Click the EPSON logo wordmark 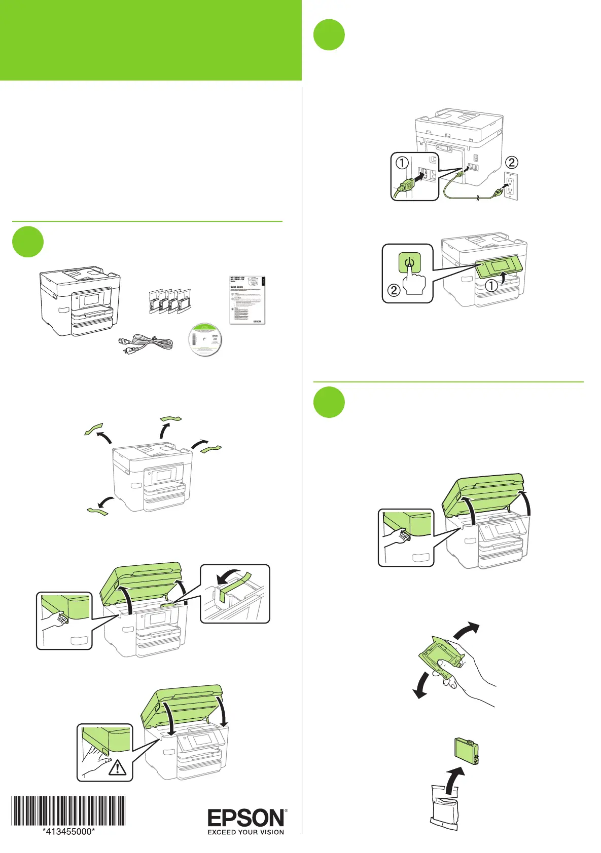(x=246, y=818)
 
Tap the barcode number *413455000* (x=69, y=831)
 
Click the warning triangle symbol (x=118, y=767)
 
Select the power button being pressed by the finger (x=410, y=263)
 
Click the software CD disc (x=204, y=339)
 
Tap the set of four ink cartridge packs (x=170, y=301)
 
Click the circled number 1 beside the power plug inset (x=402, y=163)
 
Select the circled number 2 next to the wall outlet (x=512, y=162)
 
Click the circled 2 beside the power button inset (x=394, y=290)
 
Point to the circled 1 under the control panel (x=491, y=286)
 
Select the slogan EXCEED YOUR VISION (x=246, y=832)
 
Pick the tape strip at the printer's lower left (x=96, y=511)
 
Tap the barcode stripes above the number (x=69, y=811)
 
